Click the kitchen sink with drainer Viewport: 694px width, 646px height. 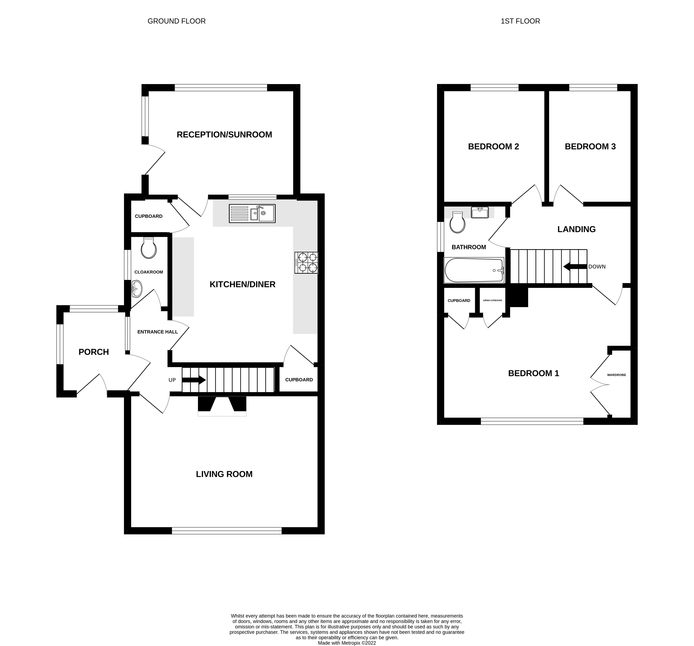tap(252, 213)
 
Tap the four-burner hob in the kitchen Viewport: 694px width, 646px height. tap(306, 263)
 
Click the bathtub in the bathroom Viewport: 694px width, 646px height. tap(474, 270)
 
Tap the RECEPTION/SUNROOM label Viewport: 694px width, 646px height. tap(224, 135)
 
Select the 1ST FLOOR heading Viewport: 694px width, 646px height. tap(520, 21)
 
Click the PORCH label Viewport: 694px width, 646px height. tap(94, 352)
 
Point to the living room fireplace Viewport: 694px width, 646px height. tap(222, 406)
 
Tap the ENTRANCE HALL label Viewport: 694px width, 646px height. tap(158, 332)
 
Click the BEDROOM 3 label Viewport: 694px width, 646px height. tap(590, 147)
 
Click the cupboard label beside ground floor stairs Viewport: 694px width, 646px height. tap(299, 380)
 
